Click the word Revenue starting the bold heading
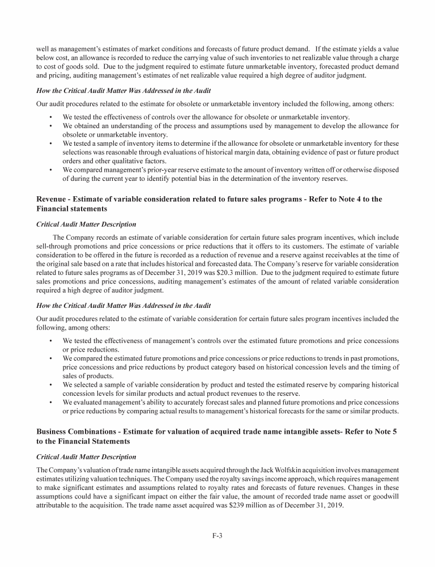tap(54, 199)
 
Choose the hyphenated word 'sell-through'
tap(54, 245)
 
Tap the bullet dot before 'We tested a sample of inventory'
tap(51, 143)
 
